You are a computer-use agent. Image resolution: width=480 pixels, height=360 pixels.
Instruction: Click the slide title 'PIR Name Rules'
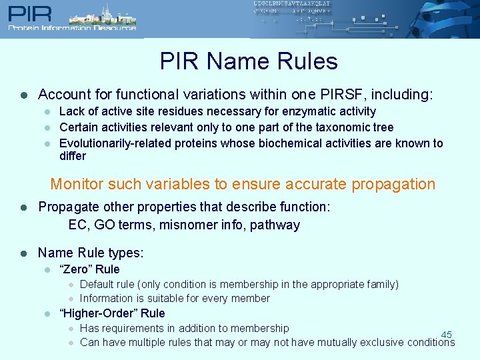pos(249,61)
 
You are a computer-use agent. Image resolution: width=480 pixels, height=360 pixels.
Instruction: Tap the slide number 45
pos(447,335)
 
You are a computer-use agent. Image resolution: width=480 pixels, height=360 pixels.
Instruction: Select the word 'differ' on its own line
pos(73,156)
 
